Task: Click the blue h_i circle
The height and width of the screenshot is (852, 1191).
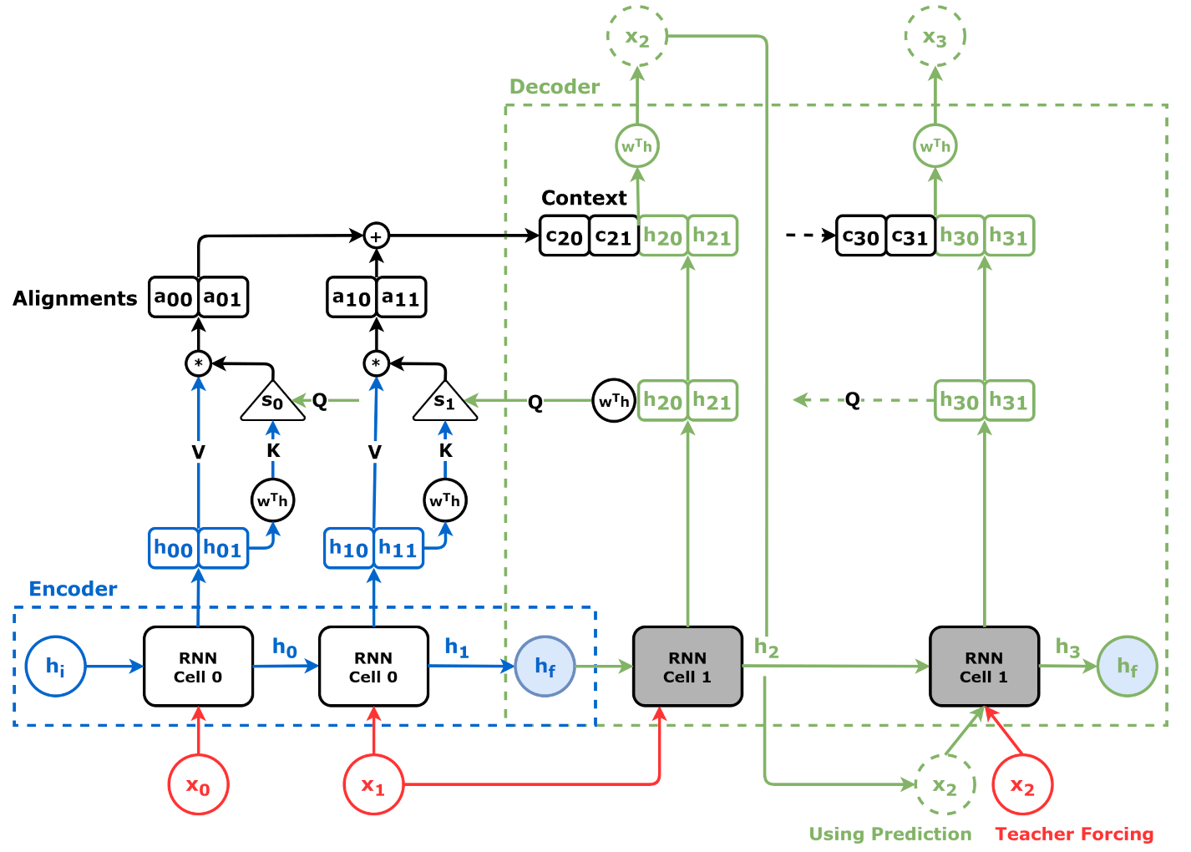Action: coord(55,666)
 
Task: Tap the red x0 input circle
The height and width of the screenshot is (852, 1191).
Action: coord(198,784)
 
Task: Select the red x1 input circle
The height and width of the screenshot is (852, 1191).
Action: coord(373,784)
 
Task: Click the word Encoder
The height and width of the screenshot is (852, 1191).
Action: coord(73,589)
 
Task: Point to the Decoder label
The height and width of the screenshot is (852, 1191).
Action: coord(555,87)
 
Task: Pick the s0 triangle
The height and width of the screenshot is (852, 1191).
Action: coord(272,402)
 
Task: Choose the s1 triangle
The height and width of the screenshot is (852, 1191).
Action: coord(445,402)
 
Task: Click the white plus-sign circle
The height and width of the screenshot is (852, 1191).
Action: coord(376,236)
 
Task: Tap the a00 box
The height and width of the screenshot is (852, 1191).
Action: coord(174,297)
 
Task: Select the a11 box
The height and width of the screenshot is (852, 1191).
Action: coord(401,297)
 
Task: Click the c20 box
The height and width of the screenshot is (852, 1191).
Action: coord(565,236)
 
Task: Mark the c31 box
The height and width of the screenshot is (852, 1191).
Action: coord(910,236)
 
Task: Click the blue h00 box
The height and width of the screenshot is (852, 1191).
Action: coord(174,548)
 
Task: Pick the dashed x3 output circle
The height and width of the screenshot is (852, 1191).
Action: coord(935,37)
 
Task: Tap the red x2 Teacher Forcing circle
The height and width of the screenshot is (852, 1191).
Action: coord(1022,785)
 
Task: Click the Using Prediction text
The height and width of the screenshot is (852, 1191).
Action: coord(890,834)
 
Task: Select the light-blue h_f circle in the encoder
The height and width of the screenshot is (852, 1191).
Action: coord(545,666)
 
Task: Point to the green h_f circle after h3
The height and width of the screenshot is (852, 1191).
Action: coord(1127,666)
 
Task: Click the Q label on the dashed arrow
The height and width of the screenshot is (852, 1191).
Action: coord(852,399)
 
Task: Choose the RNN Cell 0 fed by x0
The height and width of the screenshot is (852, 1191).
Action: coord(198,666)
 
